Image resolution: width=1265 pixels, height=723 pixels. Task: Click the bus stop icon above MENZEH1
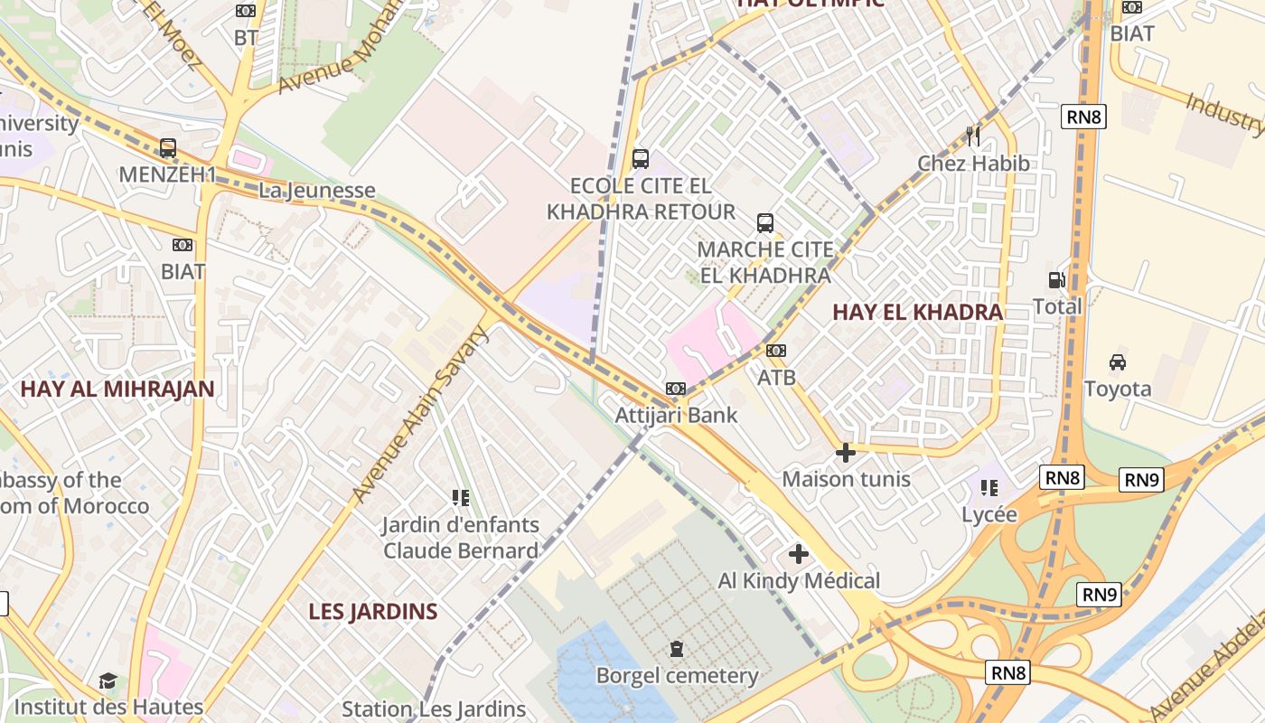point(168,147)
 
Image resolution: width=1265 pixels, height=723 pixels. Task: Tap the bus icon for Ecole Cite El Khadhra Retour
point(641,159)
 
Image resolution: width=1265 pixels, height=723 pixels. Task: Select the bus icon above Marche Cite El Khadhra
point(765,222)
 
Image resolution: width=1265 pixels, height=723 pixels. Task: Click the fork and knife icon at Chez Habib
point(973,136)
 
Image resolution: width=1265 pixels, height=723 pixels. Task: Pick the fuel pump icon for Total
point(1056,280)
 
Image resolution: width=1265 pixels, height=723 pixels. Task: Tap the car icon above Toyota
point(1118,362)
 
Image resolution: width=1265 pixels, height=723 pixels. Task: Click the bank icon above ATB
point(776,351)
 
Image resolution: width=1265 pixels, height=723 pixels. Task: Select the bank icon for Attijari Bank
point(676,389)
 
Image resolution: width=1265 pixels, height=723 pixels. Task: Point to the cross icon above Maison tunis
point(846,452)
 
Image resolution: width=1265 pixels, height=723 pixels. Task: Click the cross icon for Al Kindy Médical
point(799,554)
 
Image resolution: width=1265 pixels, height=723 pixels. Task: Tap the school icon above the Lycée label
point(989,488)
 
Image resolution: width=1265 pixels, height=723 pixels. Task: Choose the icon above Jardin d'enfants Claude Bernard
point(460,497)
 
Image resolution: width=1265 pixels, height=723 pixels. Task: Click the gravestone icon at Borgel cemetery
point(677,648)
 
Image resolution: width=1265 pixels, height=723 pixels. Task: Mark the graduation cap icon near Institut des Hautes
point(108,681)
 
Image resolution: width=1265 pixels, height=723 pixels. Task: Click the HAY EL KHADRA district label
point(917,313)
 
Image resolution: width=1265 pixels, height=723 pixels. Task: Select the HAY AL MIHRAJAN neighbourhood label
point(117,390)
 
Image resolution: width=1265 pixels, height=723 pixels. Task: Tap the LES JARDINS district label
point(373,612)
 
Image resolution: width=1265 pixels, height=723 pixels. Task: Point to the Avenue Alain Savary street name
point(421,414)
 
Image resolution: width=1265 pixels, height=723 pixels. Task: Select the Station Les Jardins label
point(434,709)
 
